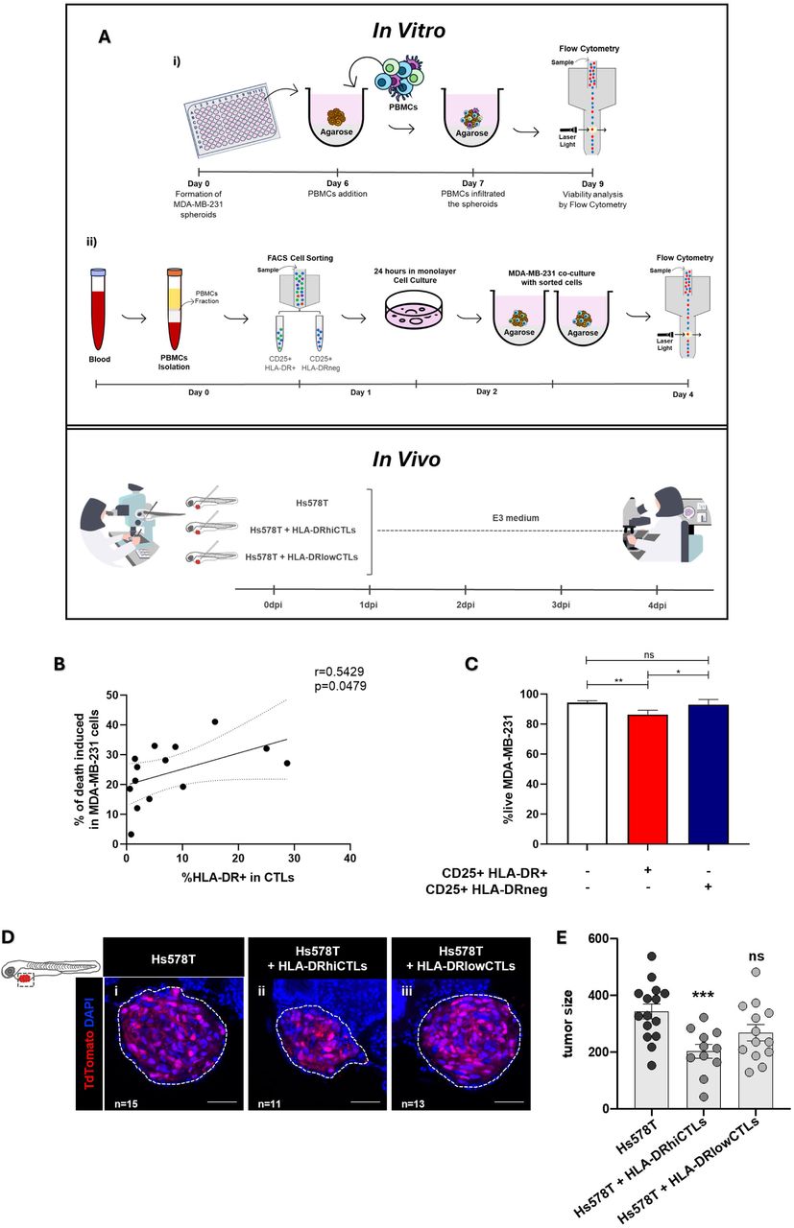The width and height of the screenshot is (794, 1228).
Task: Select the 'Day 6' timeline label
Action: pyautogui.click(x=337, y=182)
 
